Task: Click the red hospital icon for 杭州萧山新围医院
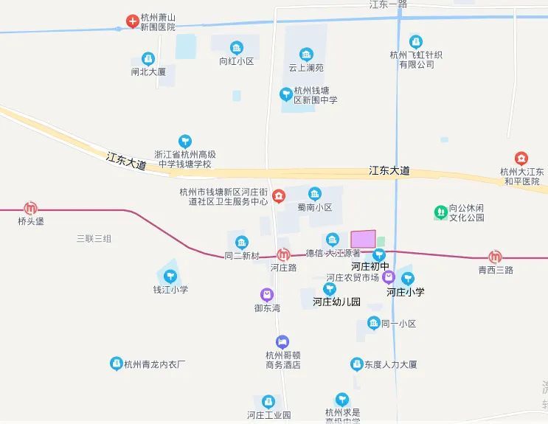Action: pyautogui.click(x=131, y=21)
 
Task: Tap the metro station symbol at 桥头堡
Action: pyautogui.click(x=30, y=209)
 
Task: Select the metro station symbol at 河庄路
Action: pyautogui.click(x=283, y=254)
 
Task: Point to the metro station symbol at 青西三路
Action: pyautogui.click(x=495, y=257)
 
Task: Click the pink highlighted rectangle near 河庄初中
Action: pyautogui.click(x=363, y=239)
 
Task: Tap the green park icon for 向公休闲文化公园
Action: pyautogui.click(x=440, y=212)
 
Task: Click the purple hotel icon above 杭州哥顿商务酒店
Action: pyautogui.click(x=282, y=342)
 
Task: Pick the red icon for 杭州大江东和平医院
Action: pyautogui.click(x=521, y=159)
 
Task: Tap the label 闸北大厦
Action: pyautogui.click(x=148, y=72)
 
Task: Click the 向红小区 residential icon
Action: pyautogui.click(x=236, y=48)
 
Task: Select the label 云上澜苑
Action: pyautogui.click(x=306, y=68)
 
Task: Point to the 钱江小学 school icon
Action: pyautogui.click(x=170, y=277)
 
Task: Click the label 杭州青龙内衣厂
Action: pyautogui.click(x=154, y=364)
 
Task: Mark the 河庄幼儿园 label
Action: pyautogui.click(x=336, y=302)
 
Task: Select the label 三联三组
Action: pyautogui.click(x=94, y=238)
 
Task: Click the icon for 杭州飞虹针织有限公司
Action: pyautogui.click(x=416, y=42)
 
